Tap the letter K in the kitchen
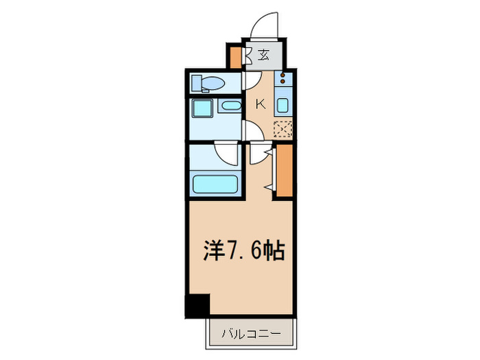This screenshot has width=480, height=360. tap(261, 104)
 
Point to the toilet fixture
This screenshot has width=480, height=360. tap(208, 84)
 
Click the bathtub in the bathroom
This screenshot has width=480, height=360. tap(215, 184)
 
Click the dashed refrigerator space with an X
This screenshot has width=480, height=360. tap(283, 129)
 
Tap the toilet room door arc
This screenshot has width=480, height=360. tap(250, 81)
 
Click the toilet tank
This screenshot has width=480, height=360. tap(197, 84)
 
